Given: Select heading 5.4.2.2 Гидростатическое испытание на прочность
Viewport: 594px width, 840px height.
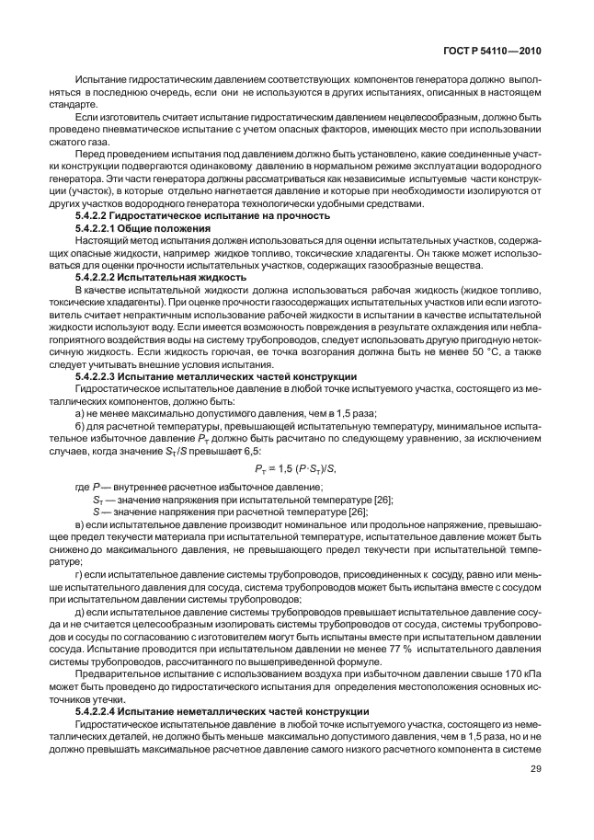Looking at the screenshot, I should pyautogui.click(x=202, y=215).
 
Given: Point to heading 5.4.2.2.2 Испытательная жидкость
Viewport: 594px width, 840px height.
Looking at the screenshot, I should pyautogui.click(x=160, y=276).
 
